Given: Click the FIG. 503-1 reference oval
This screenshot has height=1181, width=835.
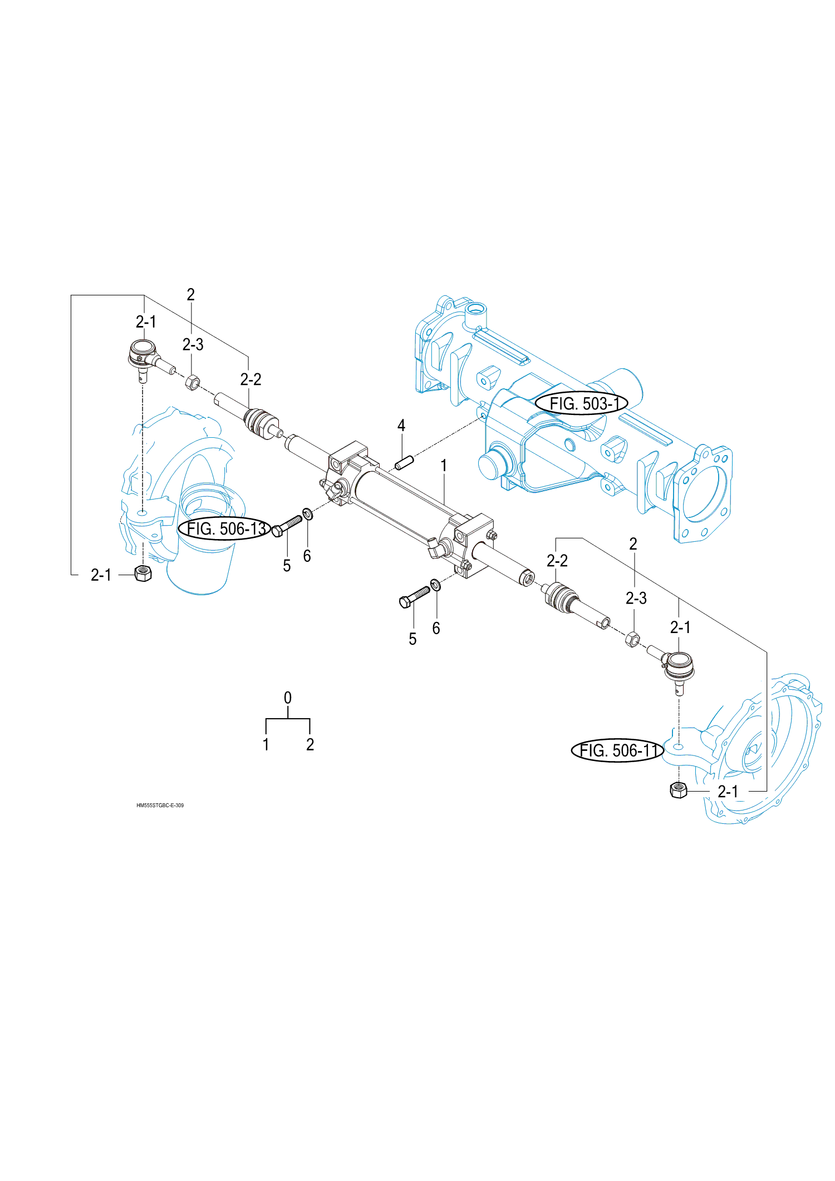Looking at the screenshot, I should (581, 403).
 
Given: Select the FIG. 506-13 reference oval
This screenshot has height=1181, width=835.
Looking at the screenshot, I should (224, 528).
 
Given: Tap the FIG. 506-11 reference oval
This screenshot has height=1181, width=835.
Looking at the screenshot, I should (617, 750).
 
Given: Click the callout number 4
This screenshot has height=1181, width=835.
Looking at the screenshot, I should (401, 426).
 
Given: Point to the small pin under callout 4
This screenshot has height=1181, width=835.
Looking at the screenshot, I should (404, 462).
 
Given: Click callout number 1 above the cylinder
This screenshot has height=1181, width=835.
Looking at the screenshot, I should (444, 465).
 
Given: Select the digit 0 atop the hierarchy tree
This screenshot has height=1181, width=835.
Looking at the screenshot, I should (287, 698).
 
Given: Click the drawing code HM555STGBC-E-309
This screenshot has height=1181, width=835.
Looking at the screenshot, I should (160, 805).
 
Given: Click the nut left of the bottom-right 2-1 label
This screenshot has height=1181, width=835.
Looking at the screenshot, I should (678, 789).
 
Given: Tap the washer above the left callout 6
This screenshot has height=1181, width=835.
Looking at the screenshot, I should (307, 513).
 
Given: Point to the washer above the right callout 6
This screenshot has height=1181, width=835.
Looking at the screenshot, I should (435, 585).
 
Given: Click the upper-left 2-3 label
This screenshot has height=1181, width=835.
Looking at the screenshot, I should (193, 345).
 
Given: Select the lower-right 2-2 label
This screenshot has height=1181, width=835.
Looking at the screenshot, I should (557, 561).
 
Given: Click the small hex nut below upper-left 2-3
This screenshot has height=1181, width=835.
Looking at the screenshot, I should (191, 382).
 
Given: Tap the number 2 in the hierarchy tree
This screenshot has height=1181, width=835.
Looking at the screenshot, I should (310, 744).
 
